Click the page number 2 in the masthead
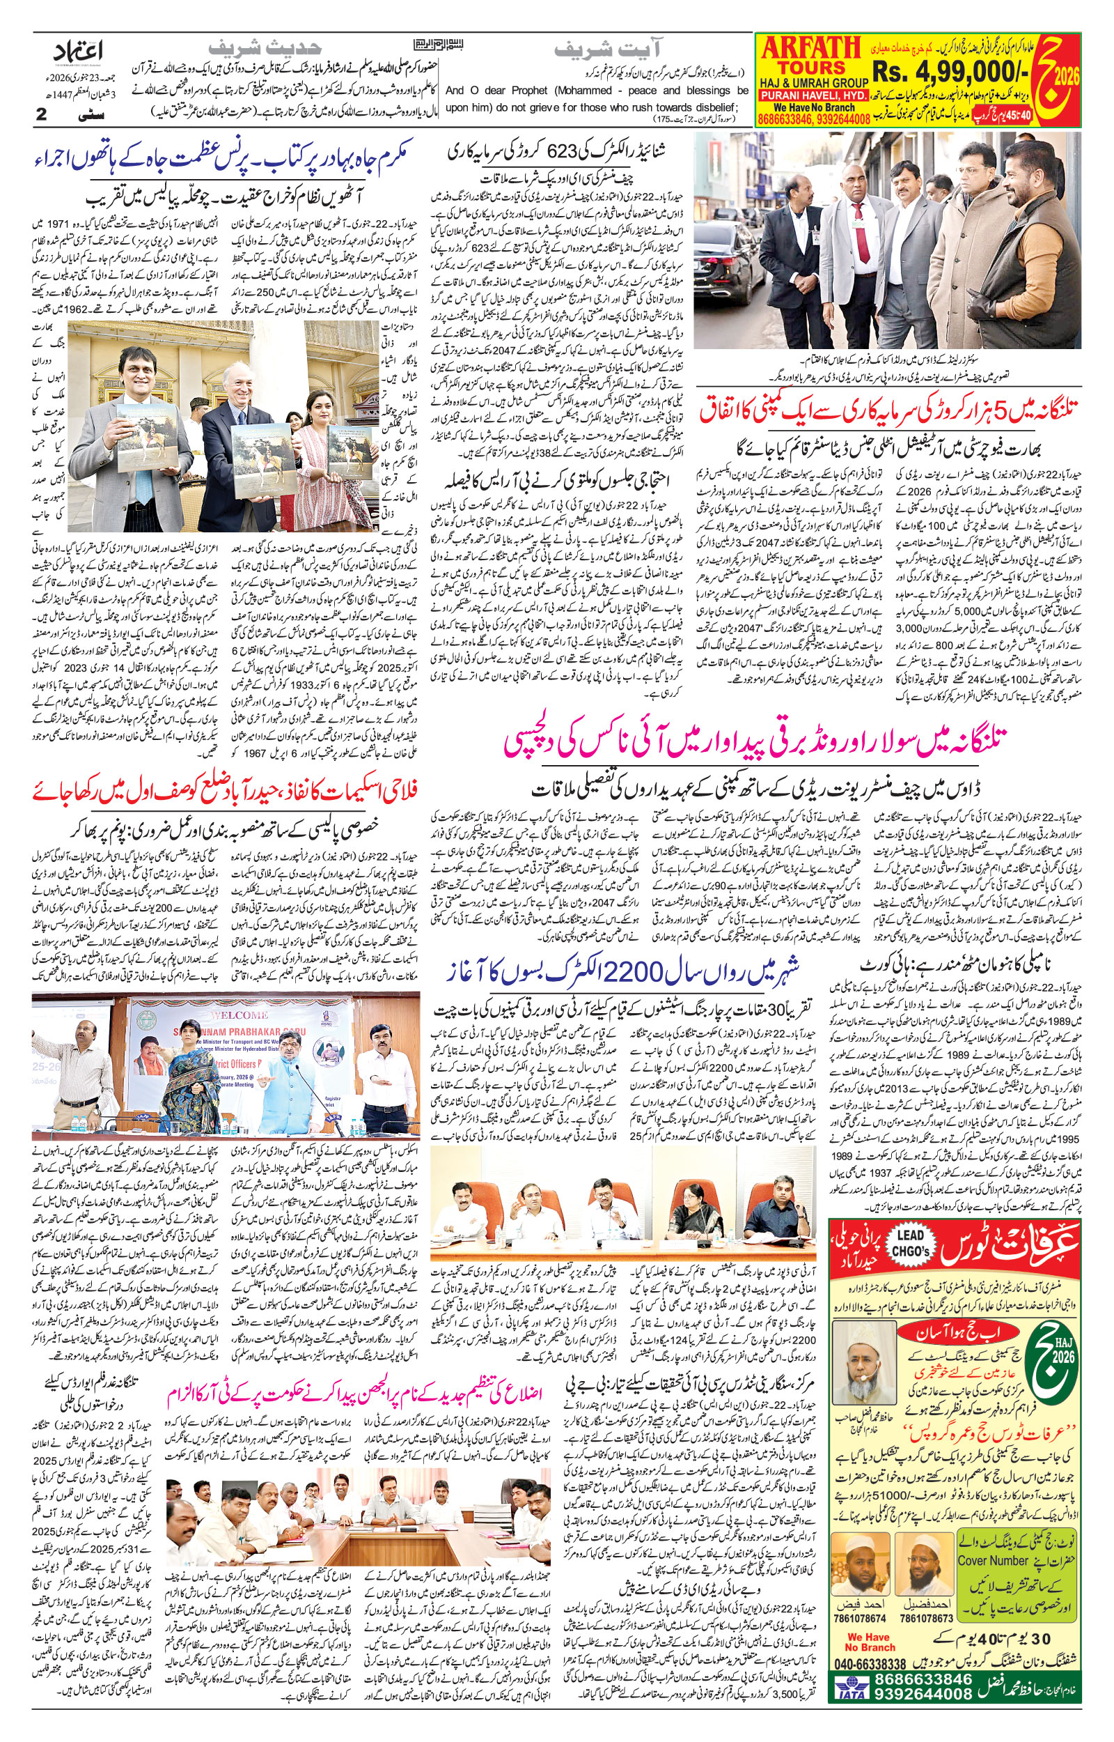pos(41,114)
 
